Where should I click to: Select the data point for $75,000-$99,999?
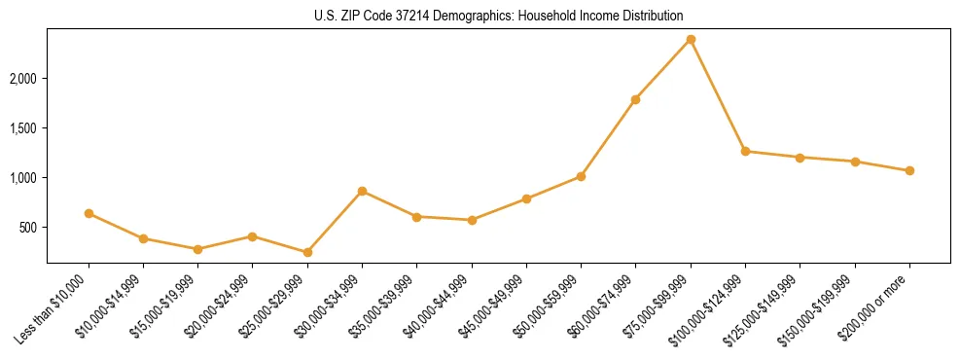[691, 39]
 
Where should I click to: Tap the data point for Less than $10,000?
[89, 213]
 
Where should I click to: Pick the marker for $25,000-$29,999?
[307, 252]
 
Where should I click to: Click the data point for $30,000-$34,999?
[362, 191]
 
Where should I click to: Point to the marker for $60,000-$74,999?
[635, 99]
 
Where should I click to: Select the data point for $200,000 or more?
[909, 170]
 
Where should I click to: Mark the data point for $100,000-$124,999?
[745, 151]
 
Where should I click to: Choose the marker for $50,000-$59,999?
[581, 176]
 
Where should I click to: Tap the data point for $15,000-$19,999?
[197, 249]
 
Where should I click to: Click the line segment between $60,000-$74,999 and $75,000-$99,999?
[663, 69]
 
